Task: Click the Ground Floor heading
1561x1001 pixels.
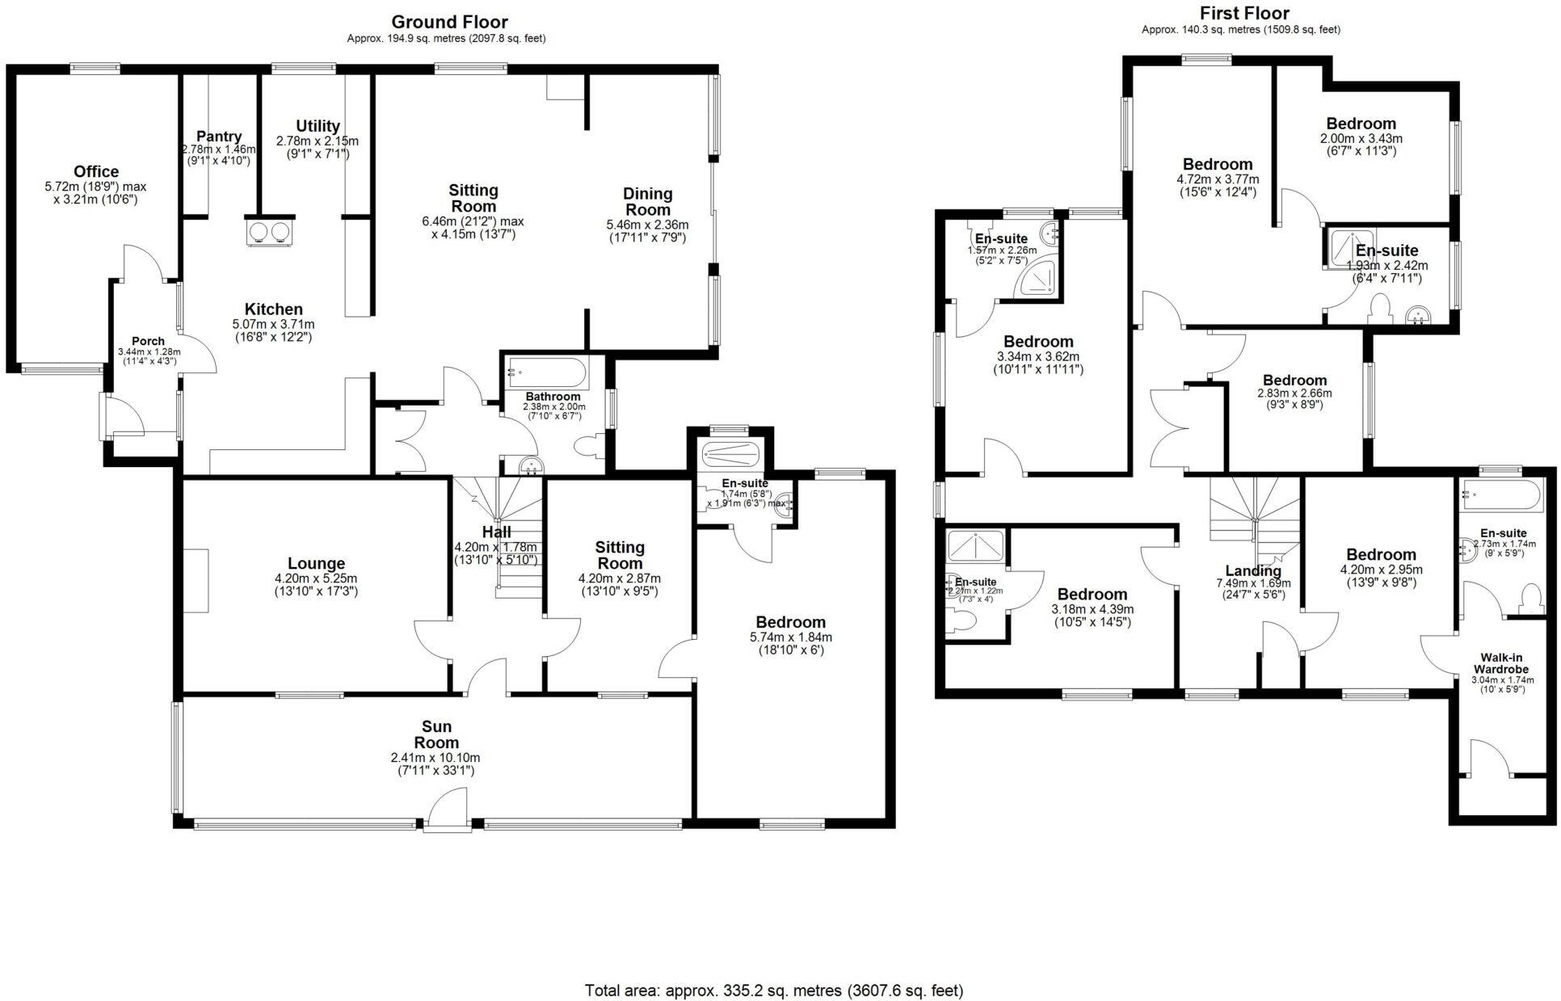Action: [x=449, y=22]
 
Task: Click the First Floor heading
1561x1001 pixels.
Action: [x=1243, y=13]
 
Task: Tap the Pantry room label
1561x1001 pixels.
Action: [x=219, y=137]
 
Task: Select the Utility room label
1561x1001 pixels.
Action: [x=318, y=126]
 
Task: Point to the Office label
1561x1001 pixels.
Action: [x=96, y=171]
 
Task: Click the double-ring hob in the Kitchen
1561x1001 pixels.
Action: [x=270, y=232]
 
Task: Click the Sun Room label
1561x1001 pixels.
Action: [x=436, y=734]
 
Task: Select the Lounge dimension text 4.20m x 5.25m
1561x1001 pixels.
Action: [x=315, y=578]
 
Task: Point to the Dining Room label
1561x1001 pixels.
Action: [x=647, y=201]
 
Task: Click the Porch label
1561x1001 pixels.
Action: [x=148, y=341]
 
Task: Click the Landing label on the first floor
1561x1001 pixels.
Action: [x=1253, y=570]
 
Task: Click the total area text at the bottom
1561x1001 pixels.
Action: [x=773, y=990]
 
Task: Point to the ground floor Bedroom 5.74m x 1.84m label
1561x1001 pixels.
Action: [x=790, y=622]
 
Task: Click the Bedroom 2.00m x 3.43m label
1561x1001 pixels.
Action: [x=1361, y=124]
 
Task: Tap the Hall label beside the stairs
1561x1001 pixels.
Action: [x=496, y=532]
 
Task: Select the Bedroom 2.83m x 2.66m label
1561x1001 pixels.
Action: [x=1294, y=381]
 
